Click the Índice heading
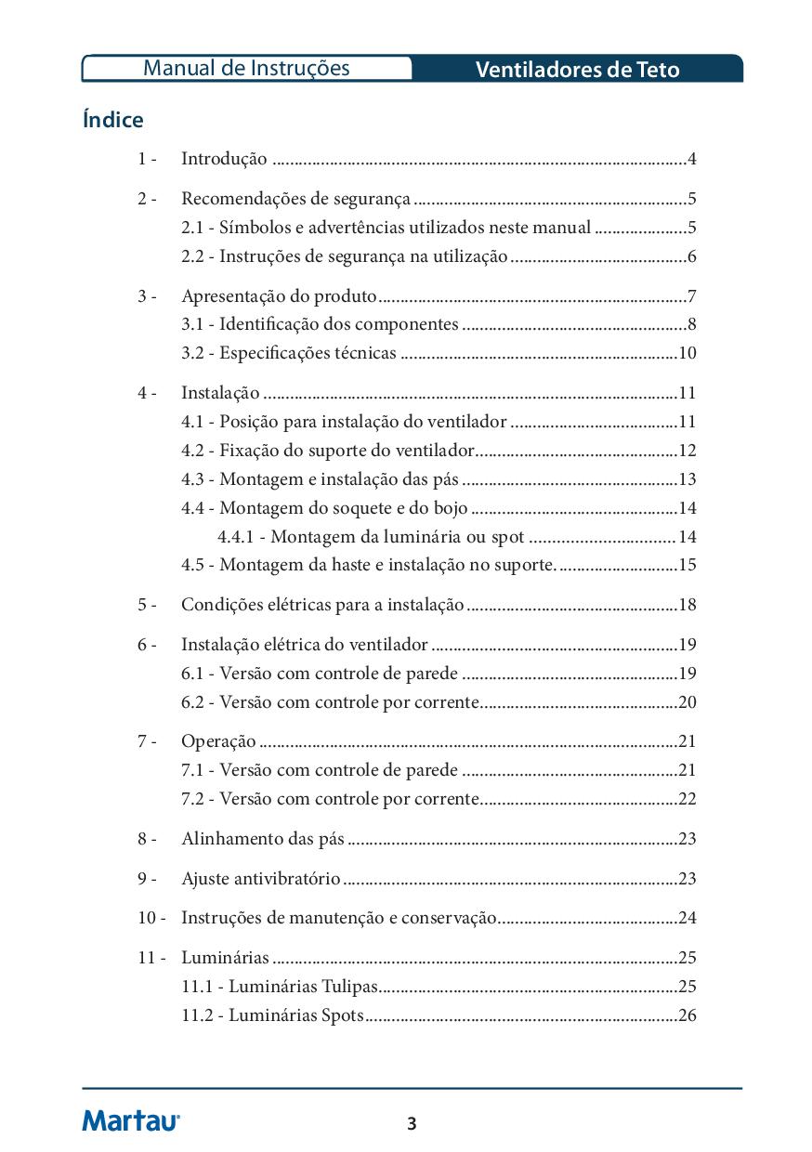[x=112, y=120]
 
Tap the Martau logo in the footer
[x=131, y=1120]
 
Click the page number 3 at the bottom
[x=412, y=1124]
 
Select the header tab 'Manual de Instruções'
[x=246, y=68]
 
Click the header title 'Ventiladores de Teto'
[x=577, y=70]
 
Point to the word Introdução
[x=224, y=159]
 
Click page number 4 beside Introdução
[x=692, y=159]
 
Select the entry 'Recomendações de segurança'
[x=295, y=199]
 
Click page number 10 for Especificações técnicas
[x=688, y=353]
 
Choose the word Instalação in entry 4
[x=220, y=393]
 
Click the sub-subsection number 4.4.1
[x=237, y=537]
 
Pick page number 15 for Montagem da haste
[x=688, y=565]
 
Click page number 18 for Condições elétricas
[x=688, y=605]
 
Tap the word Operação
[x=218, y=741]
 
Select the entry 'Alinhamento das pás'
[x=263, y=839]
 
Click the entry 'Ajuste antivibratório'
[x=261, y=879]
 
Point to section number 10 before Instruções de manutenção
[x=148, y=918]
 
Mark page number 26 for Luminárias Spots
[x=688, y=1015]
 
